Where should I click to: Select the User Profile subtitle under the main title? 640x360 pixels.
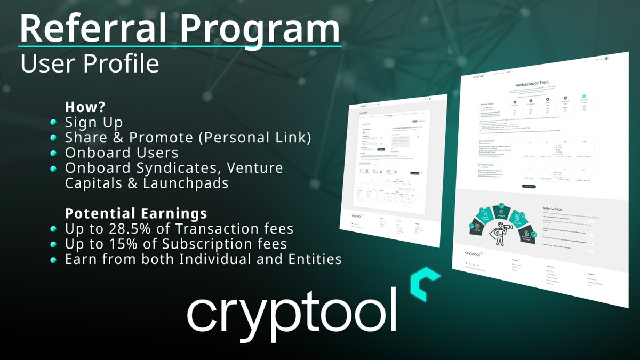[90, 63]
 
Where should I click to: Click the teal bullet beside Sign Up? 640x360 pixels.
[54, 123]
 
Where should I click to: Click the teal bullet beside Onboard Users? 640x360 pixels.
[54, 153]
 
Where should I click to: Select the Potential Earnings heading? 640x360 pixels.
[136, 214]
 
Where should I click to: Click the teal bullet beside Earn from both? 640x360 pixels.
[54, 260]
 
